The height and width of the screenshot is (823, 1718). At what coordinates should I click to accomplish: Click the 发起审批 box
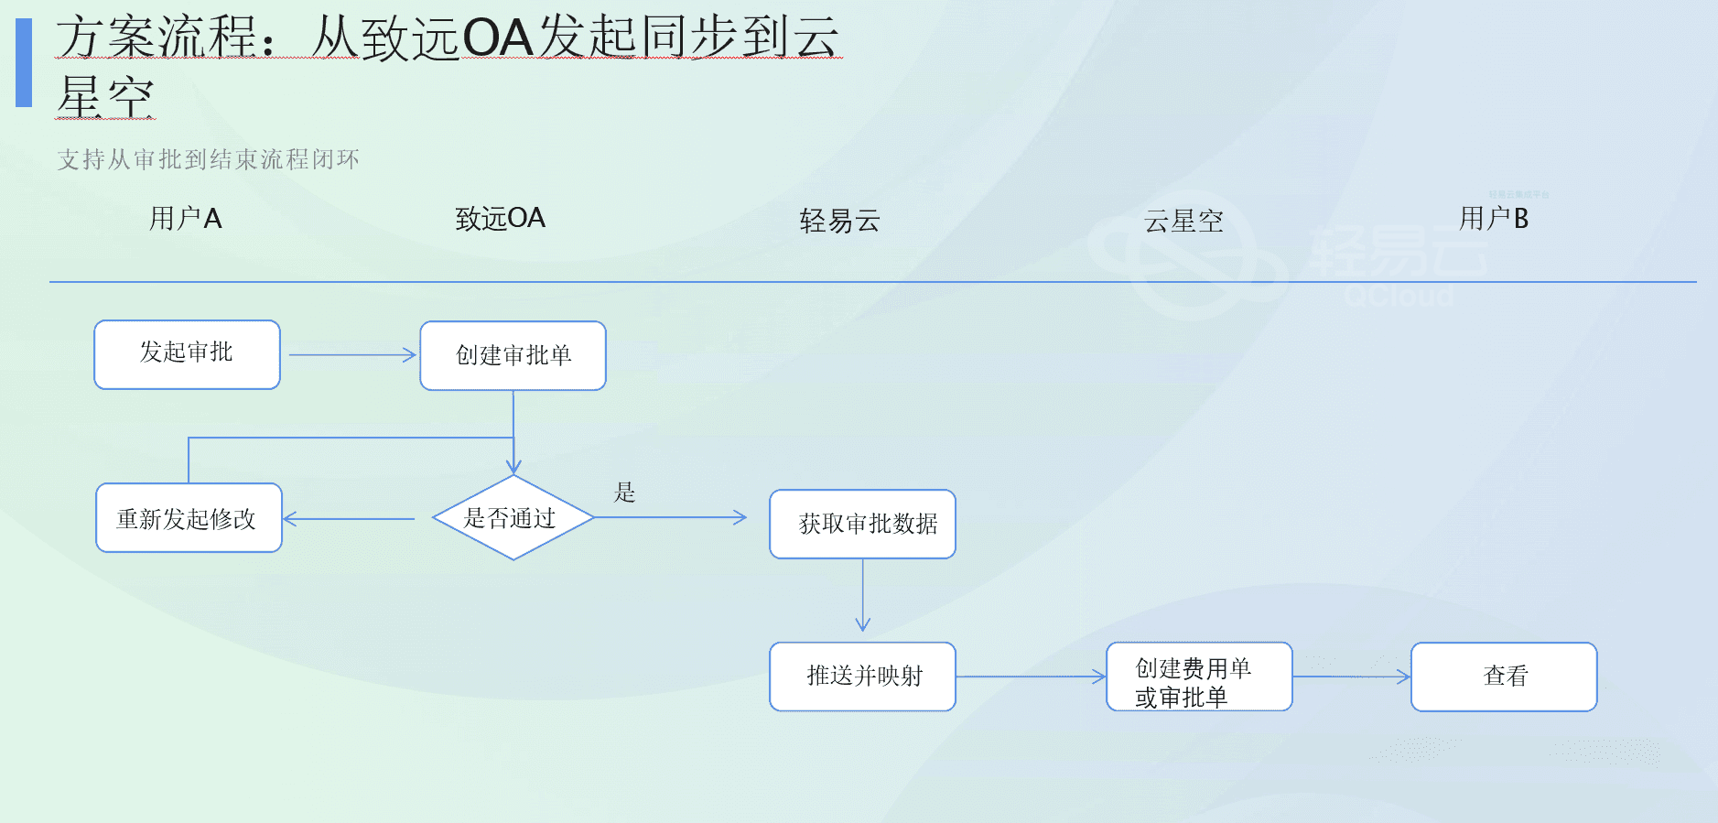pyautogui.click(x=187, y=354)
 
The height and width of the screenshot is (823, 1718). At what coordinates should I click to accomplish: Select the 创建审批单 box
pyautogui.click(x=513, y=355)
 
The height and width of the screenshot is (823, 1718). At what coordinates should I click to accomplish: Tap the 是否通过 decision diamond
pyautogui.click(x=513, y=518)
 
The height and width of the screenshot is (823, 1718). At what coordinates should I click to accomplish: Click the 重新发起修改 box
pyautogui.click(x=189, y=518)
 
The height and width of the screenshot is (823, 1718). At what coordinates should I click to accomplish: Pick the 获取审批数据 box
pyautogui.click(x=862, y=524)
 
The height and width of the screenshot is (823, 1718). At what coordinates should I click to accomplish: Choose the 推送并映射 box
pyautogui.click(x=862, y=677)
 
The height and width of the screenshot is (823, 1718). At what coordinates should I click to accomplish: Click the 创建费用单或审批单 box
pyautogui.click(x=1199, y=677)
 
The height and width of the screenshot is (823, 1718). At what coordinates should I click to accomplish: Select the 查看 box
pyautogui.click(x=1504, y=677)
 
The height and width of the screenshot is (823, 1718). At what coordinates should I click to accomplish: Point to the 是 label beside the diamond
pyautogui.click(x=624, y=493)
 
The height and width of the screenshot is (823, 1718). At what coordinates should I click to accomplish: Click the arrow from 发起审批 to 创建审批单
pyautogui.click(x=351, y=355)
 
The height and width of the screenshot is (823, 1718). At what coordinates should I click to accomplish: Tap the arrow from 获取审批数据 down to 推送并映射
pyautogui.click(x=862, y=595)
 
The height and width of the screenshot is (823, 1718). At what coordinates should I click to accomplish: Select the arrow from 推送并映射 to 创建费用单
pyautogui.click(x=1031, y=677)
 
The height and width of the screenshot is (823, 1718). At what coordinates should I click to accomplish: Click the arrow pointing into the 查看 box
pyautogui.click(x=1351, y=677)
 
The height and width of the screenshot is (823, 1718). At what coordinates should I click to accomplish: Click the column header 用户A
pyautogui.click(x=186, y=219)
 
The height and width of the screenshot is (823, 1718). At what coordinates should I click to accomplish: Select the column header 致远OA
pyautogui.click(x=500, y=219)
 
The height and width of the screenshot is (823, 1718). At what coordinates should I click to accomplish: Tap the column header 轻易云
pyautogui.click(x=839, y=221)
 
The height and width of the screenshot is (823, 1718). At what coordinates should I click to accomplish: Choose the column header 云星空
pyautogui.click(x=1183, y=221)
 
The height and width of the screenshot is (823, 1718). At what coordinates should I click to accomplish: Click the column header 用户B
pyautogui.click(x=1493, y=219)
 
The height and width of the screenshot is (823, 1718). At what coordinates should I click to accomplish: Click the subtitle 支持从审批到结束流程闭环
pyautogui.click(x=208, y=159)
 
